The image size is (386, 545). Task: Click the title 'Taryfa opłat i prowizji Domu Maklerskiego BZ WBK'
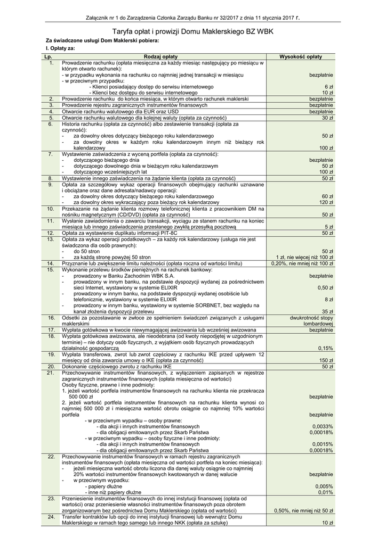(x=193, y=32)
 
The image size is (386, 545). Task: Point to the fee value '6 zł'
(x=328, y=86)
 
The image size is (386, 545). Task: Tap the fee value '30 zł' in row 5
(x=327, y=118)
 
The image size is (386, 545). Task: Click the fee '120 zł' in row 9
(x=326, y=203)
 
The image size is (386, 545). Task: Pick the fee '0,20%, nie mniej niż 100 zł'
(x=302, y=263)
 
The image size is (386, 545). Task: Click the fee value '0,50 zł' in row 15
(x=325, y=287)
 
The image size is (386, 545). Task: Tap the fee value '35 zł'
(x=327, y=311)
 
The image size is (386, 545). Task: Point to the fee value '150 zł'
(x=326, y=360)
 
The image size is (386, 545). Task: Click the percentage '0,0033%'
(x=323, y=426)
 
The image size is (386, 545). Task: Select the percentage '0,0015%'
(x=323, y=444)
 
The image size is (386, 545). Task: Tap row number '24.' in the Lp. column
(x=51, y=517)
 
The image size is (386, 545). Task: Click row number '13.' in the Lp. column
(x=51, y=239)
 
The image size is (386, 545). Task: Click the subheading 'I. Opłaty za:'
(x=60, y=48)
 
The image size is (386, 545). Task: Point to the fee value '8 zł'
(x=328, y=299)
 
